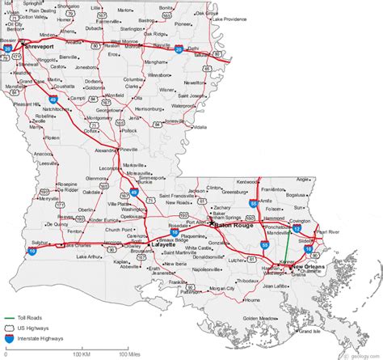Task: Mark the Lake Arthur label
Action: [91, 256]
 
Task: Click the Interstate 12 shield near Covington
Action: [297, 229]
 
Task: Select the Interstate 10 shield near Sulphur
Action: [31, 251]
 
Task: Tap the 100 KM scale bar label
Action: [81, 354]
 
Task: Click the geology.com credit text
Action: [361, 354]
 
